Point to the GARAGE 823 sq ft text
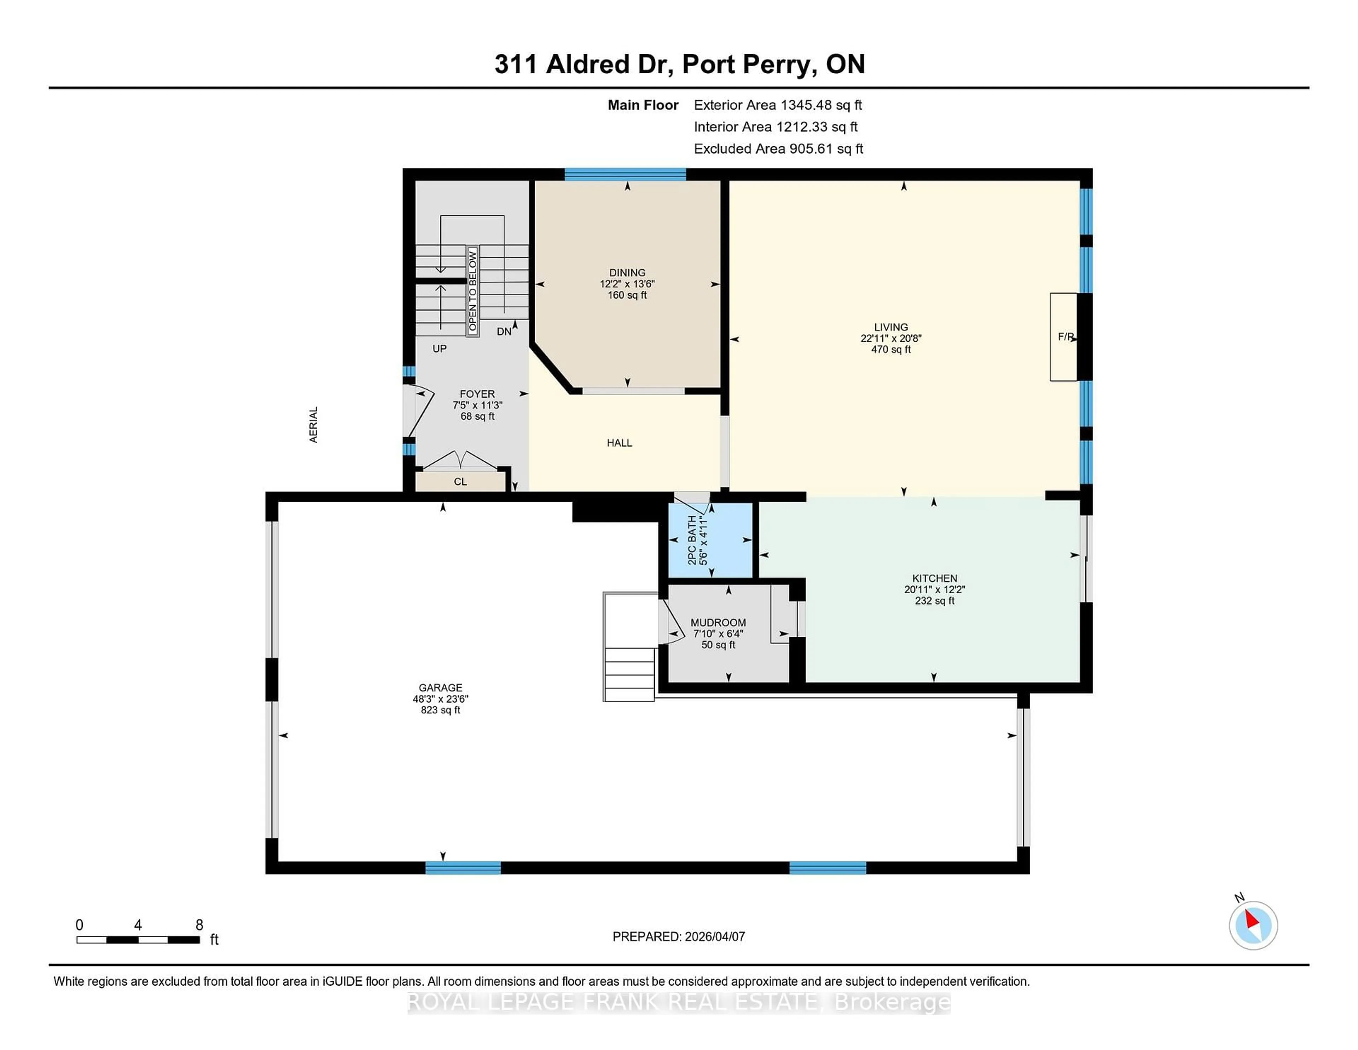[440, 710]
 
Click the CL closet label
[460, 481]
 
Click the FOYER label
[477, 394]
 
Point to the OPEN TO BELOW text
[472, 290]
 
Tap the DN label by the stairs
[504, 331]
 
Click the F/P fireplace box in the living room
[1063, 336]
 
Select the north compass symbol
[1253, 925]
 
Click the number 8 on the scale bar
[199, 925]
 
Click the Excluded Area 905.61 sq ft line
[778, 149]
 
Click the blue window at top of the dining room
[625, 174]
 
